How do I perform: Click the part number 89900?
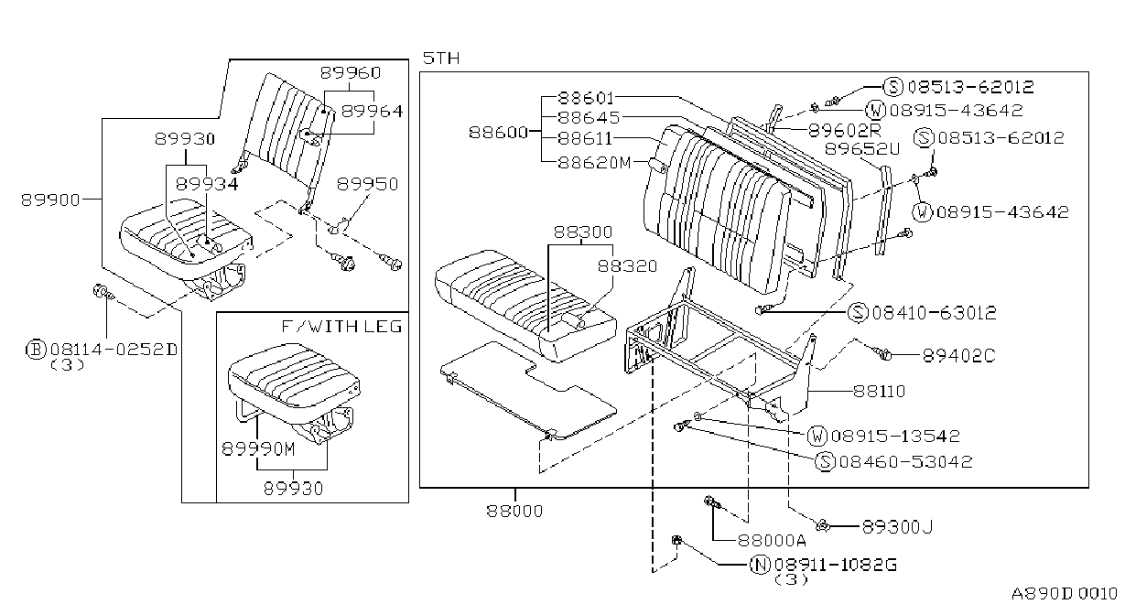click(x=50, y=200)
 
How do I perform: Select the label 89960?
click(x=351, y=73)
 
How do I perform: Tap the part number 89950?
click(x=367, y=184)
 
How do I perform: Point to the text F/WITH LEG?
click(x=341, y=327)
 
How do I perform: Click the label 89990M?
click(x=258, y=448)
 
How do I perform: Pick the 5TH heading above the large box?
click(x=441, y=59)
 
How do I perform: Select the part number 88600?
click(x=498, y=133)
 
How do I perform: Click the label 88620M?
click(x=594, y=163)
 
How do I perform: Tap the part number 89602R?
click(x=844, y=131)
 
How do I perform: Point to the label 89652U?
click(x=862, y=149)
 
